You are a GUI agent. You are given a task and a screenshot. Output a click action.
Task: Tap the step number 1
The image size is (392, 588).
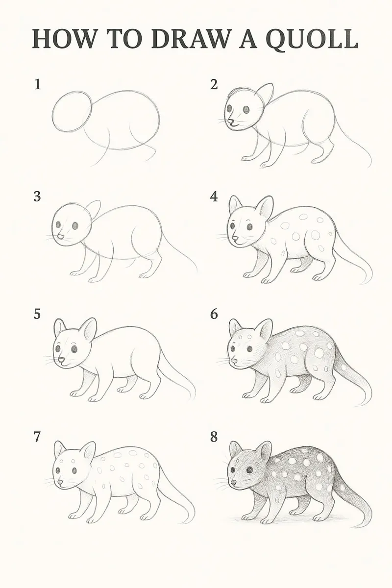click(37, 84)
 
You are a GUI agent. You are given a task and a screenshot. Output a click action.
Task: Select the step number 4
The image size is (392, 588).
click(214, 196)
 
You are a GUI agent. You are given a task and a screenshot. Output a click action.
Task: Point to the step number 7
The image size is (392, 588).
click(37, 437)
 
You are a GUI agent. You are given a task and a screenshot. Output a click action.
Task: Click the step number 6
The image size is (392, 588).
click(214, 314)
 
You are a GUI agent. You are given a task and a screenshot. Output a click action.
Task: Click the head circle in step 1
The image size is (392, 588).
click(72, 112)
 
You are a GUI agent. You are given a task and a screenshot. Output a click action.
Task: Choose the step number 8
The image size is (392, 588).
click(214, 437)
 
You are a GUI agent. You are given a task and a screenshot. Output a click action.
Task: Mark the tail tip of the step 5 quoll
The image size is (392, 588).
click(192, 398)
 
